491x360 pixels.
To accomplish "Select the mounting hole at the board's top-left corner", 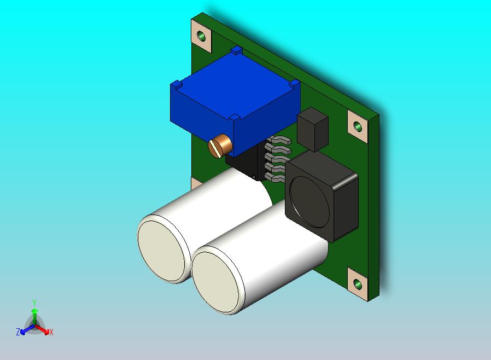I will click(x=203, y=36).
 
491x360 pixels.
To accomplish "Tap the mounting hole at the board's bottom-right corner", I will click(x=358, y=283).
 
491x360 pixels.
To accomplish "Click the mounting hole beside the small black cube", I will click(x=358, y=127).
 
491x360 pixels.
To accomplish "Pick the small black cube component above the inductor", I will click(x=313, y=129).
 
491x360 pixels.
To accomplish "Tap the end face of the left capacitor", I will click(x=162, y=251).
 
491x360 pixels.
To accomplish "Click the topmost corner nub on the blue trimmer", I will click(x=236, y=50).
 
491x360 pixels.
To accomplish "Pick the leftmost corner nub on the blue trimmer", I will click(x=176, y=85).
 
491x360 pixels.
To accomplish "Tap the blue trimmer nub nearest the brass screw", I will click(x=235, y=118).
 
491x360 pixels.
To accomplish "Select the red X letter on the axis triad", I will click(x=51, y=332).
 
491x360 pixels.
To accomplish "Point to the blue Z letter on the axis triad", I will click(x=18, y=332).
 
